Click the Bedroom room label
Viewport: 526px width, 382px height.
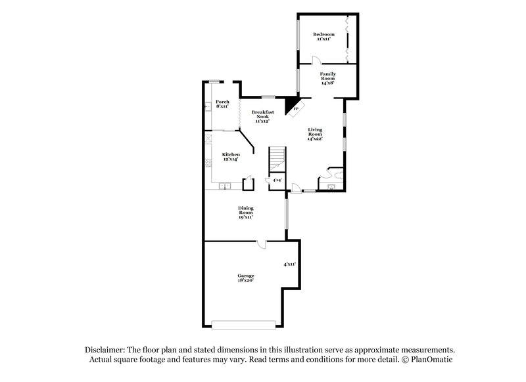(323, 34)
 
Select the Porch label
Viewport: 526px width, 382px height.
(222, 102)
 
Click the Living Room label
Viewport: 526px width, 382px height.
(316, 134)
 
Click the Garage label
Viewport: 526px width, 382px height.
(246, 276)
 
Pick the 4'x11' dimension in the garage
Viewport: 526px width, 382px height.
(289, 265)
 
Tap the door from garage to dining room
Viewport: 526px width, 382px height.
(261, 244)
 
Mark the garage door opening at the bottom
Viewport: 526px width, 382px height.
(243, 323)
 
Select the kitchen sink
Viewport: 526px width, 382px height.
(226, 186)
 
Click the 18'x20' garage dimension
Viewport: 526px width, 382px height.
(246, 280)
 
